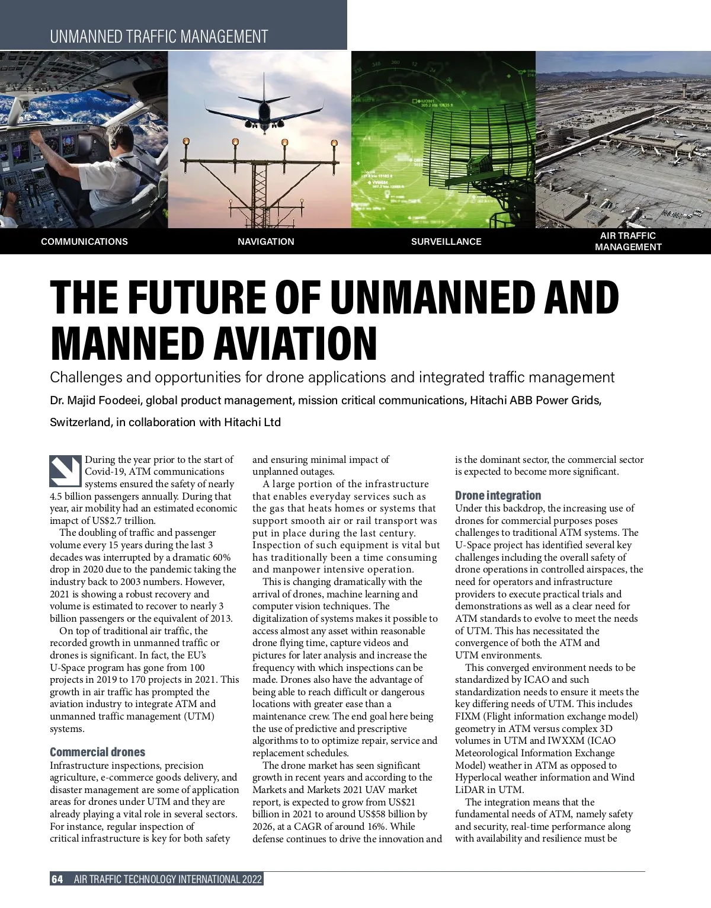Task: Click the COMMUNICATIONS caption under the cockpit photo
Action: pos(84,242)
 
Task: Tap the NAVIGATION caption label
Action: pos(266,242)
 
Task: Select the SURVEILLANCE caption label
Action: pos(446,242)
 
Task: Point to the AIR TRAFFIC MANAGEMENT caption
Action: pos(628,241)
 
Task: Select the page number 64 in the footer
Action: pos(57,879)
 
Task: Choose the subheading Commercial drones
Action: pos(97,752)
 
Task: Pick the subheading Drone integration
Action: pos(498,495)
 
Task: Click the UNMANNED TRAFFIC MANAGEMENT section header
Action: pos(159,37)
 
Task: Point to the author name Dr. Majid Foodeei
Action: pos(95,400)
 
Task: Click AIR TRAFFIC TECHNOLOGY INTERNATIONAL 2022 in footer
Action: pos(168,879)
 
